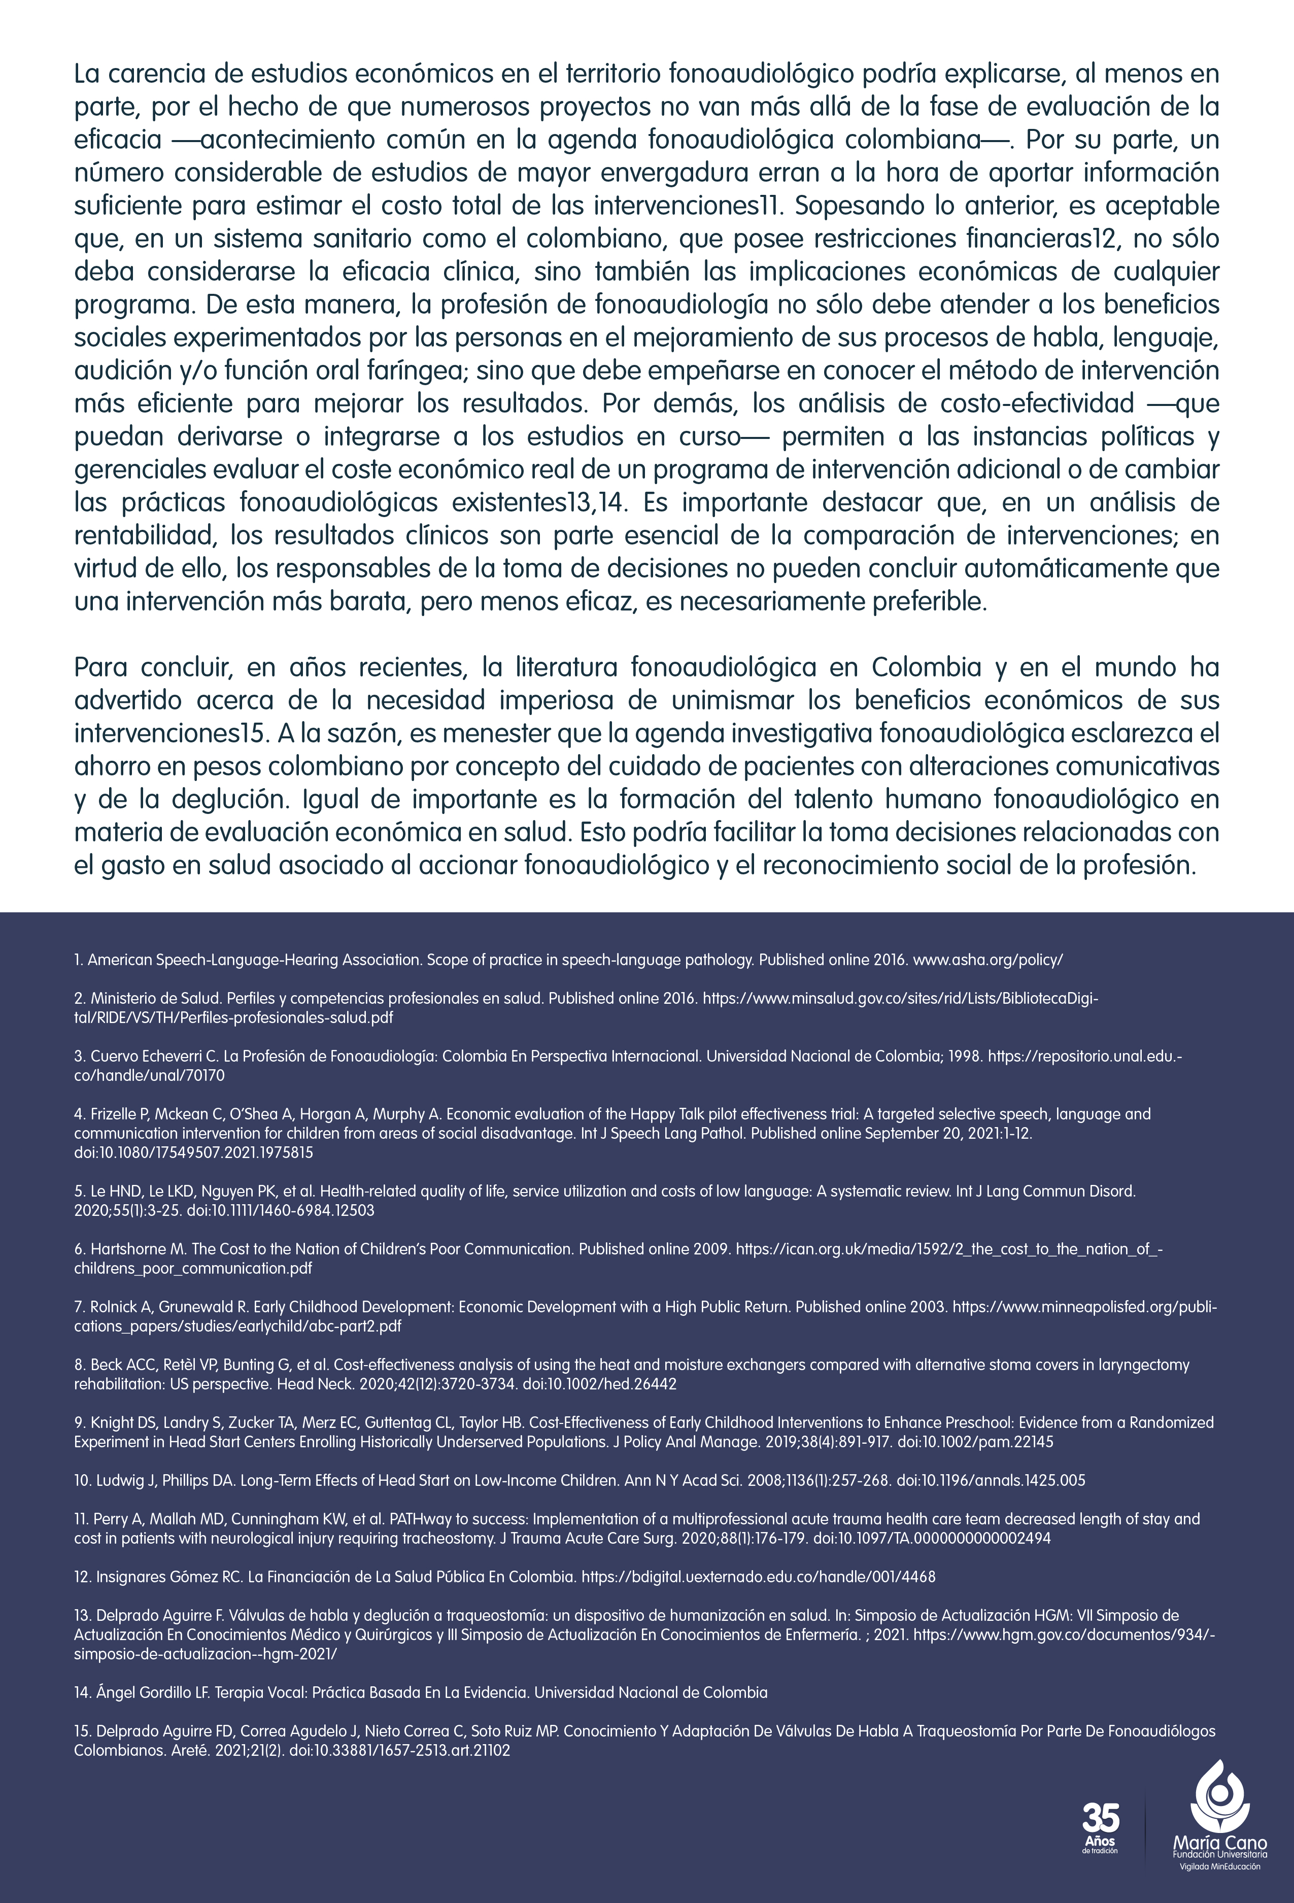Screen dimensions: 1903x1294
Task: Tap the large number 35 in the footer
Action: pyautogui.click(x=1100, y=1819)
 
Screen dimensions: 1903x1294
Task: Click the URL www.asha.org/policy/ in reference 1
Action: pyautogui.click(x=987, y=960)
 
